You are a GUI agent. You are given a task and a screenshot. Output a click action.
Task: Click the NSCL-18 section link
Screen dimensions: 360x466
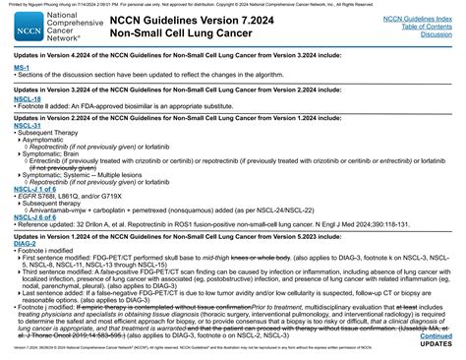28,99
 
